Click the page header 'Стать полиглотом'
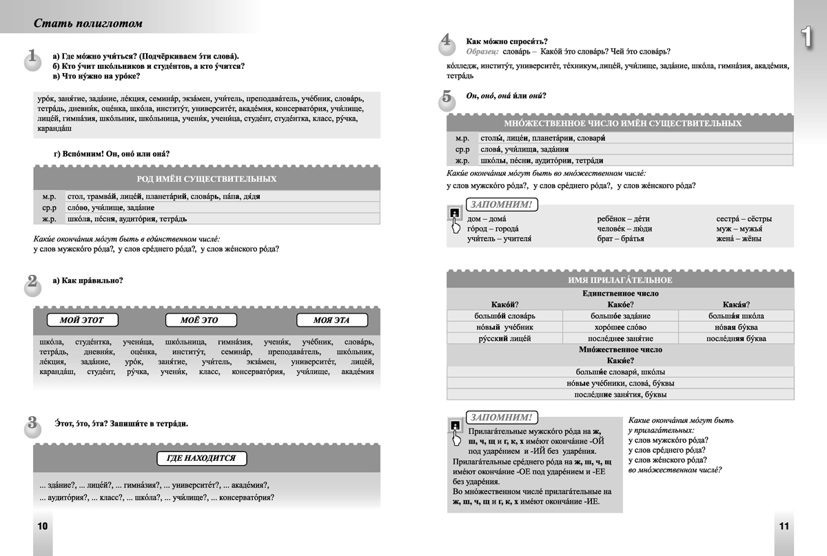coord(88,24)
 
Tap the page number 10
coord(42,526)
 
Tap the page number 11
coord(784,526)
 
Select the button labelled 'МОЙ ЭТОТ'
coord(80,320)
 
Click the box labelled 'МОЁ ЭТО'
coord(201,320)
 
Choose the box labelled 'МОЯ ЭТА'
coord(331,320)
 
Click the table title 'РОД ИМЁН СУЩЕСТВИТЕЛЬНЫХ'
coord(207,179)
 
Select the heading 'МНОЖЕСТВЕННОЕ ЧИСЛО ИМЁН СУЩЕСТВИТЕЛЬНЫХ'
coord(623,123)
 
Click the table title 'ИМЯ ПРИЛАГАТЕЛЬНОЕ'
coord(620,280)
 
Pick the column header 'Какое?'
coord(620,305)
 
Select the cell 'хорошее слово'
coord(620,327)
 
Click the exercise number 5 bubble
coord(446,99)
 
